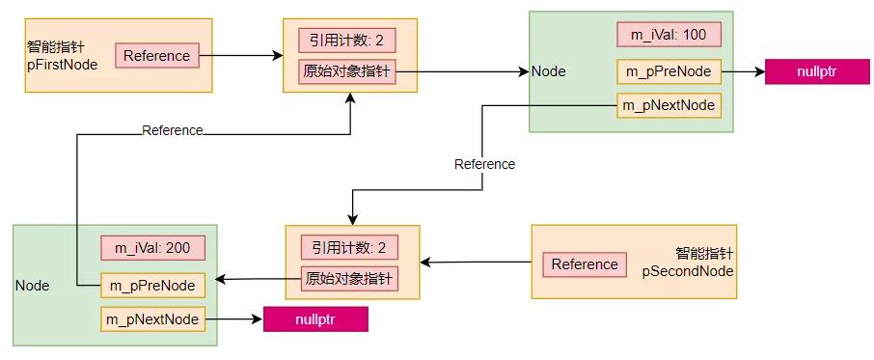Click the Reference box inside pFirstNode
click(157, 55)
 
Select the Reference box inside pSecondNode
click(585, 264)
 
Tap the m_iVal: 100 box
click(669, 35)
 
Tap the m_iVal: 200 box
click(152, 248)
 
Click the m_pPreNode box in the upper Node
click(669, 71)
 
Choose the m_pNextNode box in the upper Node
click(669, 105)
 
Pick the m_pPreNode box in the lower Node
click(152, 285)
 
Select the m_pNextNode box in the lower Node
click(152, 318)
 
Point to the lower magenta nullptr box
click(315, 318)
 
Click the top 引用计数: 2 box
click(349, 41)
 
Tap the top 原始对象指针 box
click(349, 72)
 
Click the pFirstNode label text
click(63, 65)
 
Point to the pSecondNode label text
click(688, 271)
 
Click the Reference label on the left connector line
click(172, 130)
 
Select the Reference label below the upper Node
click(484, 164)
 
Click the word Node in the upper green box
click(549, 71)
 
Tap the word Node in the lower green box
click(32, 286)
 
